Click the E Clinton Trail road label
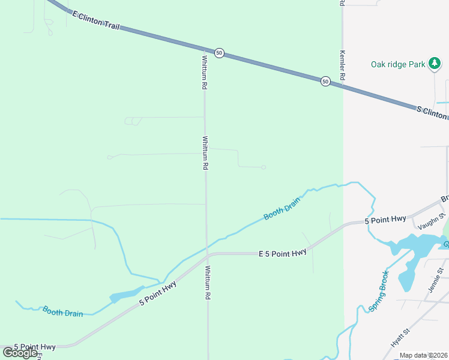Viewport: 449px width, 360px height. click(x=95, y=20)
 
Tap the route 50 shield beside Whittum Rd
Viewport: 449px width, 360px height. click(x=219, y=53)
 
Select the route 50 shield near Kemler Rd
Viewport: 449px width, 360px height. click(x=325, y=81)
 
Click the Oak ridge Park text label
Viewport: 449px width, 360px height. click(x=398, y=64)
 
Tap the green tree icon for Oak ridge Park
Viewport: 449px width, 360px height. click(x=435, y=64)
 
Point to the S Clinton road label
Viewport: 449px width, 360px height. click(x=432, y=112)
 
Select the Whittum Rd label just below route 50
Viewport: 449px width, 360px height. click(x=205, y=73)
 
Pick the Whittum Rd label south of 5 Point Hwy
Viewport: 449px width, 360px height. click(x=208, y=283)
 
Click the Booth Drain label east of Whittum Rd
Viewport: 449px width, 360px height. click(x=282, y=208)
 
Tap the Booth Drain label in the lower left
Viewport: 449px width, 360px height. click(x=62, y=312)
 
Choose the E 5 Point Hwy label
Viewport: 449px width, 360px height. click(x=282, y=253)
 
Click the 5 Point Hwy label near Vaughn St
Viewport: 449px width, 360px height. click(x=386, y=221)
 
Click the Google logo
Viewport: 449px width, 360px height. click(x=20, y=353)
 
